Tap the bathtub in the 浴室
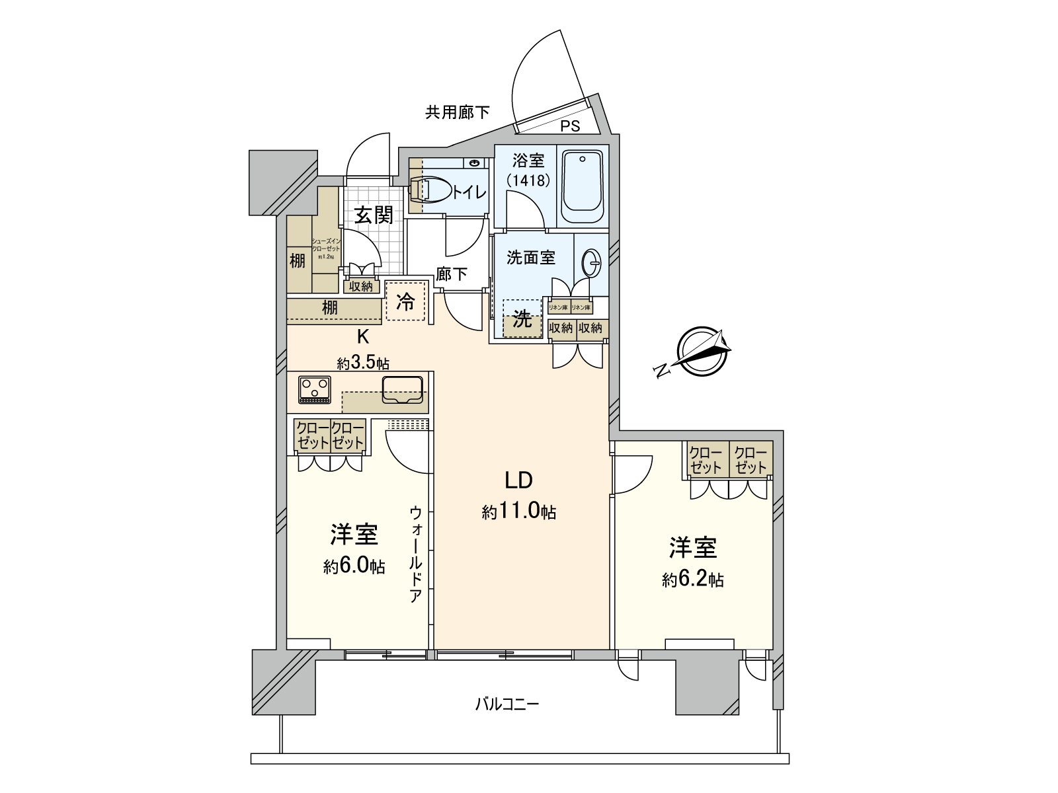pyautogui.click(x=583, y=186)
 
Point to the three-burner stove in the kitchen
pyautogui.click(x=314, y=389)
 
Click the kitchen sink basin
pyautogui.click(x=402, y=390)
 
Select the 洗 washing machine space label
pyautogui.click(x=522, y=321)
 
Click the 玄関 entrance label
pyautogui.click(x=373, y=215)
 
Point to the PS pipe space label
pyautogui.click(x=570, y=126)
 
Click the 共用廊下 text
pyautogui.click(x=457, y=112)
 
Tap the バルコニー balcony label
pyautogui.click(x=507, y=704)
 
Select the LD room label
pyautogui.click(x=518, y=480)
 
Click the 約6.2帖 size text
pyautogui.click(x=692, y=580)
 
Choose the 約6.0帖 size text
pyautogui.click(x=354, y=567)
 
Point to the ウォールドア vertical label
pyautogui.click(x=416, y=554)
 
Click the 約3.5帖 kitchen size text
pyautogui.click(x=362, y=363)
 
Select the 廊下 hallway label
pyautogui.click(x=452, y=274)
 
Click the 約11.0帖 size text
pyautogui.click(x=518, y=511)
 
